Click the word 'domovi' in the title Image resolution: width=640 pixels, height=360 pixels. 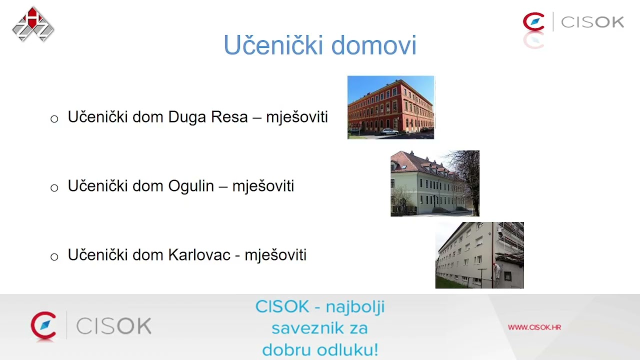pyautogui.click(x=373, y=45)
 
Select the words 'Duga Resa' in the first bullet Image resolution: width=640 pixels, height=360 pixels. pyautogui.click(x=208, y=117)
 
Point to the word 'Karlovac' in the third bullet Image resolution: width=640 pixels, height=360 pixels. pyautogui.click(x=199, y=255)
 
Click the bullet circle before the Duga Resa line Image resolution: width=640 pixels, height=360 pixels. pyautogui.click(x=54, y=119)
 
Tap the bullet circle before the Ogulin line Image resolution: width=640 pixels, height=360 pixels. pyautogui.click(x=54, y=188)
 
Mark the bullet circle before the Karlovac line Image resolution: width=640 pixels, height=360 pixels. pyautogui.click(x=54, y=257)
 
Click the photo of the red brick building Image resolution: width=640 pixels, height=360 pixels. pyautogui.click(x=390, y=107)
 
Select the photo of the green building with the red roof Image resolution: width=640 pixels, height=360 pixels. pyautogui.click(x=434, y=183)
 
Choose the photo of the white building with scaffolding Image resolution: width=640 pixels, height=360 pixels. pyautogui.click(x=479, y=255)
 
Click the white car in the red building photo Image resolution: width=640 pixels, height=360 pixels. pyautogui.click(x=389, y=131)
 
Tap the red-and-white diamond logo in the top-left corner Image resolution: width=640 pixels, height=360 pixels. pyautogui.click(x=33, y=24)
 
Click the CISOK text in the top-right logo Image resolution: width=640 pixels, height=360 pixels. pyautogui.click(x=592, y=22)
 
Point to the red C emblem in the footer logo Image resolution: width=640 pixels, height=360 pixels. pyautogui.click(x=43, y=325)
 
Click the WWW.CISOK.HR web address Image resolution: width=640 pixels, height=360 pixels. pyautogui.click(x=534, y=327)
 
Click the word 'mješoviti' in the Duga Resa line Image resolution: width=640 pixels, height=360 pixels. pyautogui.click(x=296, y=117)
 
